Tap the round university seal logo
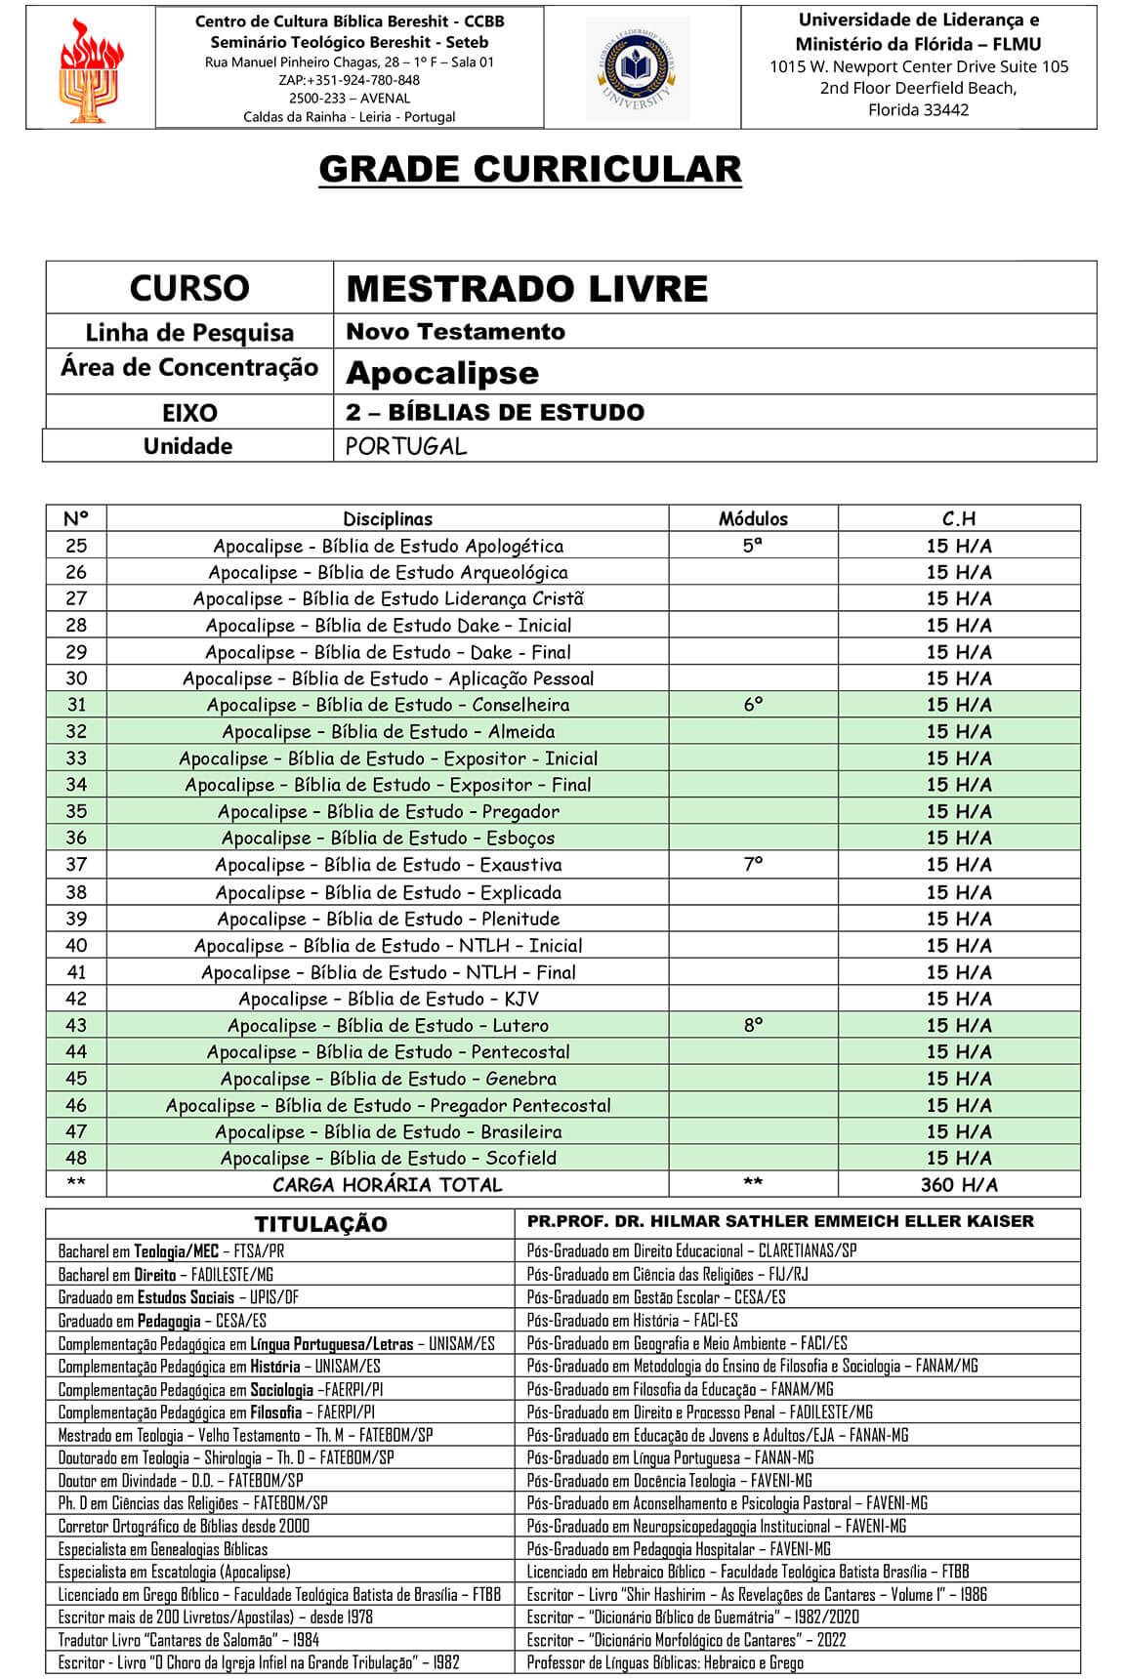[x=637, y=68]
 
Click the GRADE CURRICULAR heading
[x=529, y=170]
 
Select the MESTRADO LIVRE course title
[x=526, y=289]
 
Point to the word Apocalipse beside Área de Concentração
[x=441, y=373]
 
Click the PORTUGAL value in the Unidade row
[x=406, y=446]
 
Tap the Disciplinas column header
[x=387, y=518]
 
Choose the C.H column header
[x=958, y=518]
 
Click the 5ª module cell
[x=752, y=546]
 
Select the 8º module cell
[x=752, y=1025]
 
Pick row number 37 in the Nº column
[x=76, y=864]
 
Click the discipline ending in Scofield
[x=388, y=1158]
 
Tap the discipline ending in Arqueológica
[x=388, y=572]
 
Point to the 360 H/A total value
[x=958, y=1184]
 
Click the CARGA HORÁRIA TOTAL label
[x=387, y=1184]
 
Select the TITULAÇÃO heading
[x=320, y=1224]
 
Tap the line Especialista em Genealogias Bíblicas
[x=163, y=1548]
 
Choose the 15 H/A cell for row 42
[x=958, y=999]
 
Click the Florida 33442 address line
[x=918, y=110]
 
